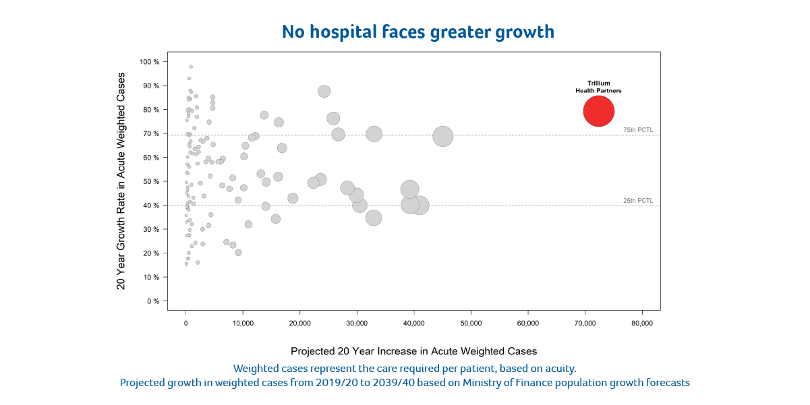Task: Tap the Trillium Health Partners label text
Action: click(598, 87)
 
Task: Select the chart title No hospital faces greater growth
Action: click(417, 32)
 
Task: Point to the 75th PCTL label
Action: click(638, 129)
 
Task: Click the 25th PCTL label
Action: click(638, 200)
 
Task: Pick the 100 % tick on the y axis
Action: click(150, 62)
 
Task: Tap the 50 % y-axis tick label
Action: click(152, 181)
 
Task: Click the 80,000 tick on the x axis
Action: click(641, 323)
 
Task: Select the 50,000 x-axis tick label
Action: click(471, 323)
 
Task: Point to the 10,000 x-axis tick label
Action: click(243, 323)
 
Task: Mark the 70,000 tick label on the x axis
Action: click(585, 323)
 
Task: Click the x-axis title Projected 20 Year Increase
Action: click(413, 351)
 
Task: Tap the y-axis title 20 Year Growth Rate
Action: click(121, 181)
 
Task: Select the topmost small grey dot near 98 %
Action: click(191, 67)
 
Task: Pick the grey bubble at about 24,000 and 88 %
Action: click(324, 92)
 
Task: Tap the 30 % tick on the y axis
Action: click(152, 229)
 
